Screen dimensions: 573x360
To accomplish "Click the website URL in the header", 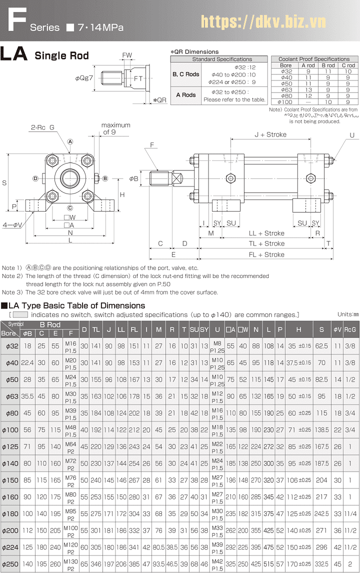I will (263, 21).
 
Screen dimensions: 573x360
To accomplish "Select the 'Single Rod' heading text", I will (61, 55).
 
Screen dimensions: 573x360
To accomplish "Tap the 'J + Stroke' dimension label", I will (270, 134).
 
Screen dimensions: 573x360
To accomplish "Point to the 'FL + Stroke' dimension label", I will (267, 254).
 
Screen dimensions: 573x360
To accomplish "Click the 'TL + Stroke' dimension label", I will (267, 243).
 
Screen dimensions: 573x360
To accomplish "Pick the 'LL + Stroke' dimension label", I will (267, 233).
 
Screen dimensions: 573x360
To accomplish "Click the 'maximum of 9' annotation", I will (115, 128).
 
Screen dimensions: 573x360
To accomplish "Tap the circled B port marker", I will (105, 178).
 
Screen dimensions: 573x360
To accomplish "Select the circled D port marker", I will (35, 178).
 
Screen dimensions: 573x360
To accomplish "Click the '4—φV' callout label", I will (12, 224).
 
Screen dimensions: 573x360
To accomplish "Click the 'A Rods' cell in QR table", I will (186, 95).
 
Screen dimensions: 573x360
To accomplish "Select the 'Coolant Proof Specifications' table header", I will (313, 59).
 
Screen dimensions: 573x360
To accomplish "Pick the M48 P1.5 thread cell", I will (71, 430).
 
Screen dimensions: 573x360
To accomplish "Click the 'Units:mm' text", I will (348, 314).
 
